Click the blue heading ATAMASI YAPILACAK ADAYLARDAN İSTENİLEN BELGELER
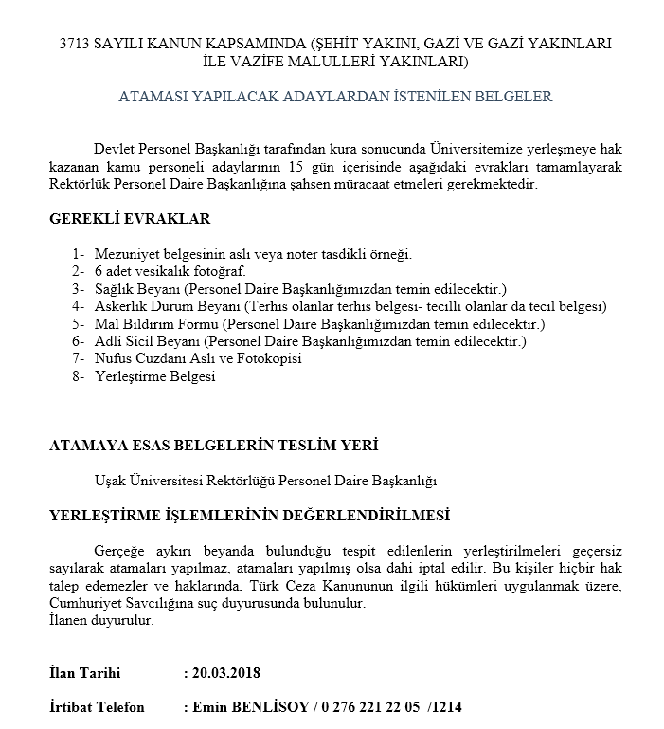(x=335, y=97)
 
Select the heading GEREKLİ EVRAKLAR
(x=130, y=219)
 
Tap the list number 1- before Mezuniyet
(x=78, y=255)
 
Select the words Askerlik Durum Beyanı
(x=167, y=306)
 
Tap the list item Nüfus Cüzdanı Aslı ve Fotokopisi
(x=198, y=359)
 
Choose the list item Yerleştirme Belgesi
(x=155, y=376)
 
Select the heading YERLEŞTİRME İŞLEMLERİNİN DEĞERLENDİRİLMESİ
(x=249, y=516)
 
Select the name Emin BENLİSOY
(x=248, y=708)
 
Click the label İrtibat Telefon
(x=97, y=708)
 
